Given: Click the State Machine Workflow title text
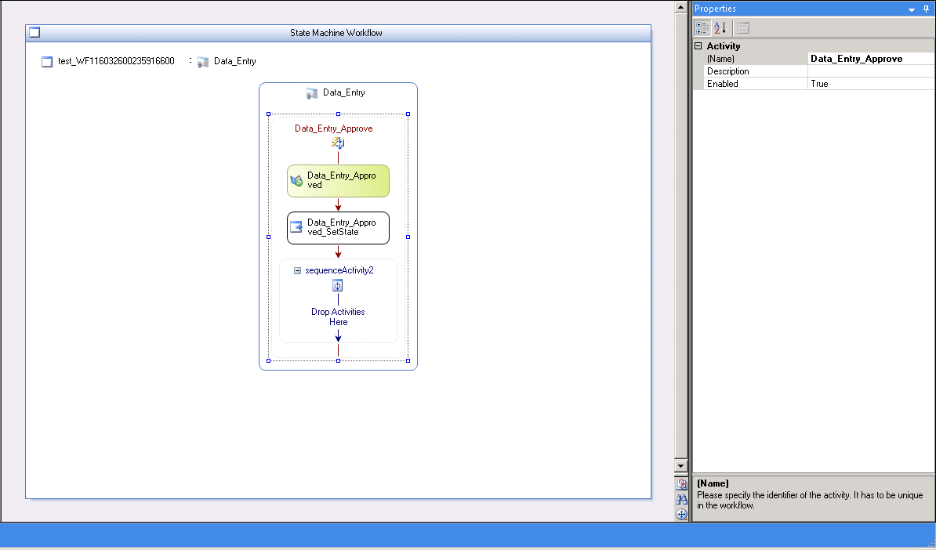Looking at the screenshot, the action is pyautogui.click(x=336, y=33).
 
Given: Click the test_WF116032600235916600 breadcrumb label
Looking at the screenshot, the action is pyautogui.click(x=116, y=61).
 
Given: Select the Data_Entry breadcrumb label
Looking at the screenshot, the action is pyautogui.click(x=234, y=61).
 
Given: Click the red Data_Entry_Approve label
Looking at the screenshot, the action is pyautogui.click(x=334, y=128).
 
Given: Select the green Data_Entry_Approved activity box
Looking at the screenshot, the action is pyautogui.click(x=338, y=181).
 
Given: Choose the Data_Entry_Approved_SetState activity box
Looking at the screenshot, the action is pyautogui.click(x=338, y=228).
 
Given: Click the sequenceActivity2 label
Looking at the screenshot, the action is pyautogui.click(x=339, y=270).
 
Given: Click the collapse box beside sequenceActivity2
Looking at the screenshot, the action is pyautogui.click(x=297, y=270).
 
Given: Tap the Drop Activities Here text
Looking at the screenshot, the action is pyautogui.click(x=338, y=317).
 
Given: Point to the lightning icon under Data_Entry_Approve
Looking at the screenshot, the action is pyautogui.click(x=338, y=143).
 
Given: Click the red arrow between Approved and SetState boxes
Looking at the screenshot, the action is pyautogui.click(x=338, y=204).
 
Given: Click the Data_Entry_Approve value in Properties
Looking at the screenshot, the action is pyautogui.click(x=857, y=59).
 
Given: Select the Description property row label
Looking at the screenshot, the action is pyautogui.click(x=727, y=71).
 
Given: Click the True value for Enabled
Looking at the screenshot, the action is pyautogui.click(x=819, y=84).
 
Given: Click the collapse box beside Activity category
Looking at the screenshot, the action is pyautogui.click(x=698, y=46).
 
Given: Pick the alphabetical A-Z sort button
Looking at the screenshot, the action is pyautogui.click(x=720, y=27).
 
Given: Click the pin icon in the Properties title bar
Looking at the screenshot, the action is pyautogui.click(x=926, y=9).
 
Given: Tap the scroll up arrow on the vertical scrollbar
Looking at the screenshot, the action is pyautogui.click(x=680, y=7).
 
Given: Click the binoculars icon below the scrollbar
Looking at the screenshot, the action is pyautogui.click(x=681, y=499).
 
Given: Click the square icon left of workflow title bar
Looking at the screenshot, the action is pyautogui.click(x=34, y=32).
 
